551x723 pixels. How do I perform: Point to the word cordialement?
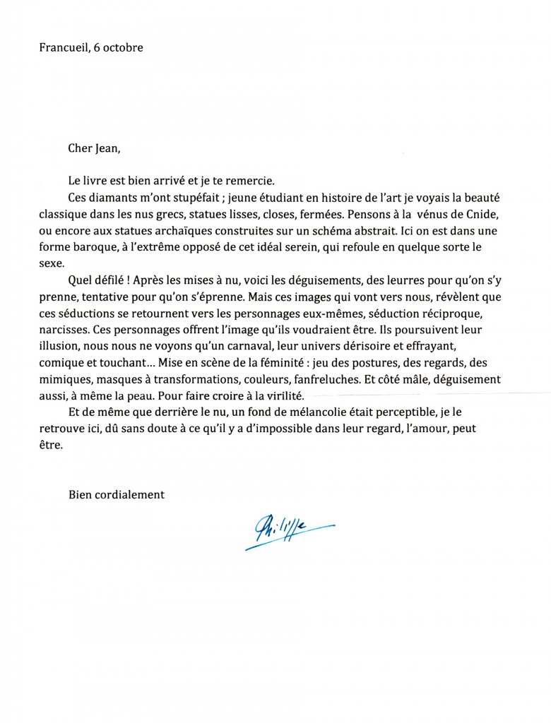130,495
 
